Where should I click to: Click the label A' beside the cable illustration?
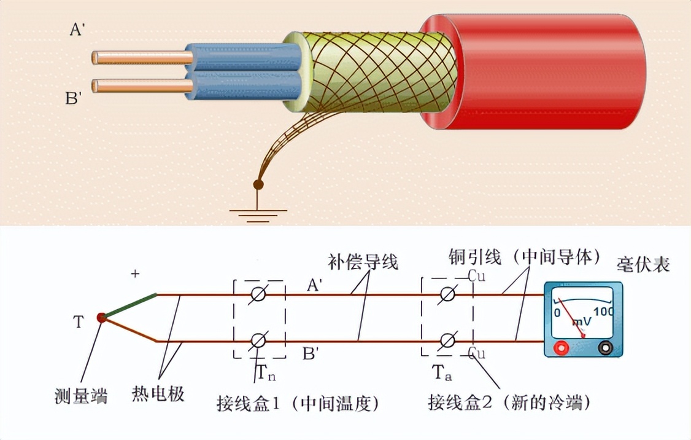(x=77, y=29)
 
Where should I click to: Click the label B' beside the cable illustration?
(x=74, y=98)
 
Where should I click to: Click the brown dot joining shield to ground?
(x=258, y=184)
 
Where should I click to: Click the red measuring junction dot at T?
(x=101, y=317)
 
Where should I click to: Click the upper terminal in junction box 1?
(x=258, y=295)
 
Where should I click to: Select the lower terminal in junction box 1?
(x=258, y=340)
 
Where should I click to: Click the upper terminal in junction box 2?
(x=448, y=295)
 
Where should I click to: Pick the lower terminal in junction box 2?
(x=448, y=340)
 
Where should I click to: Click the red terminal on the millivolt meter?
(x=560, y=348)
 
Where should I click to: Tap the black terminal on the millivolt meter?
(x=606, y=348)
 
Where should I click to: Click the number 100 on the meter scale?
(x=603, y=312)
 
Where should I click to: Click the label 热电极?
(x=158, y=394)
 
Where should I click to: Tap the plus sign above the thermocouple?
(x=136, y=274)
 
